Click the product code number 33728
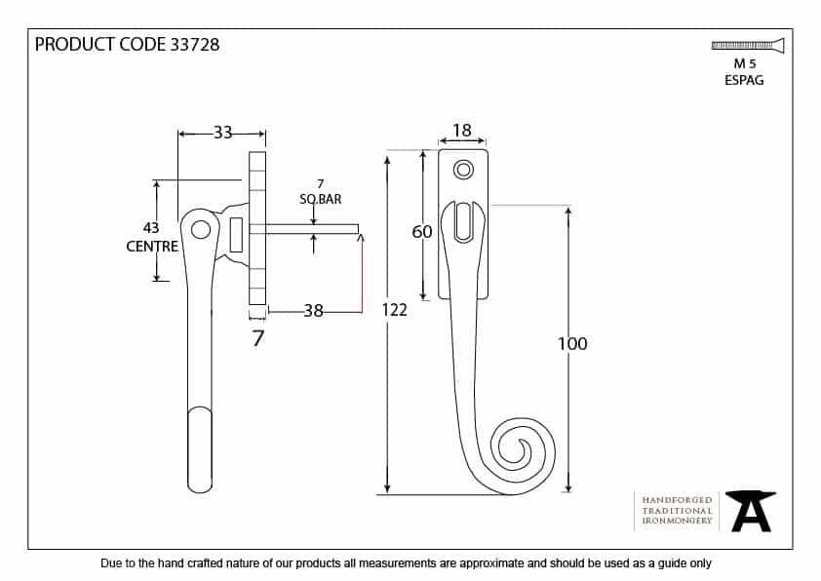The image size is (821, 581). point(195,45)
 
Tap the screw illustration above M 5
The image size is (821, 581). point(748,46)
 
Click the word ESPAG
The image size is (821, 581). point(744,80)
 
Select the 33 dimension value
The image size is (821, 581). point(222,133)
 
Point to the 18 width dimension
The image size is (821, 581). point(462,131)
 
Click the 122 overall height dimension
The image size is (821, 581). point(394,310)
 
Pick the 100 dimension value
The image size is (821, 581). point(572,344)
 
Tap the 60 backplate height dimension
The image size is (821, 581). point(422,232)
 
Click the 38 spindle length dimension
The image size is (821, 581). point(313,311)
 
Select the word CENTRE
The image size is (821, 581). point(152,246)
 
